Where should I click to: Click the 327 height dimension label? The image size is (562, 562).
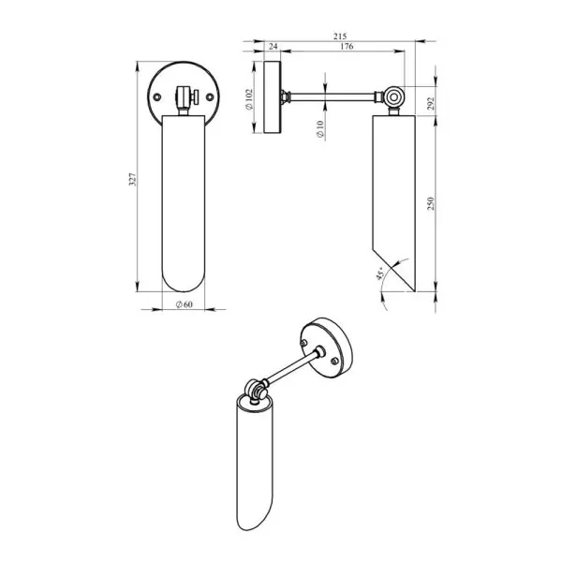coord(133,179)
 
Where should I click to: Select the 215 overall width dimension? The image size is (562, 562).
coord(340,37)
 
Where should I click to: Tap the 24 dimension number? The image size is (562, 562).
coord(273,46)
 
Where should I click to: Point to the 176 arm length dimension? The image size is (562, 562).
coord(347,46)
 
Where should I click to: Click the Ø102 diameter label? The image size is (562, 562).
coord(249,99)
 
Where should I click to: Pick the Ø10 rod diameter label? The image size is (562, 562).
coord(320,128)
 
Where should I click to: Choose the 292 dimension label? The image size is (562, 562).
coord(431,103)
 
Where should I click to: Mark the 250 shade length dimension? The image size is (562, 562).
coord(431,203)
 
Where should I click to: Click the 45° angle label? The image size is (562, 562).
coord(380,274)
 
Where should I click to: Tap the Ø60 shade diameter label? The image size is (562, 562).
coord(185,304)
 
